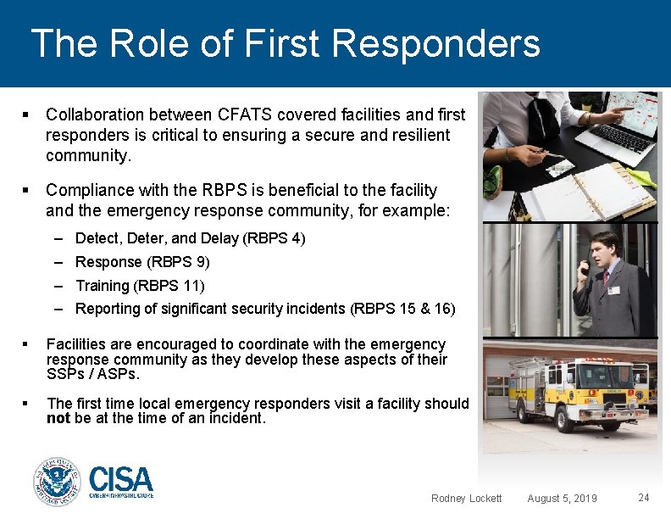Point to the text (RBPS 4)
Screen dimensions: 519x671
coord(274,238)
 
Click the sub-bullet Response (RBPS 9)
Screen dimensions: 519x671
coord(142,262)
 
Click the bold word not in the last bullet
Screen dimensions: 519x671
coord(58,417)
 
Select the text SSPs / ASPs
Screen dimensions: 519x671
coord(92,374)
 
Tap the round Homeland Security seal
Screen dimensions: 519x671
coord(57,482)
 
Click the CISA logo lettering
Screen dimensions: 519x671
coord(120,479)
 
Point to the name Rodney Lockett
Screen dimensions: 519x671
coord(466,498)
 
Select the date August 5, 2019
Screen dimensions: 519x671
coord(562,498)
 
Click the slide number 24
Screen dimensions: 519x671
coord(644,497)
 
